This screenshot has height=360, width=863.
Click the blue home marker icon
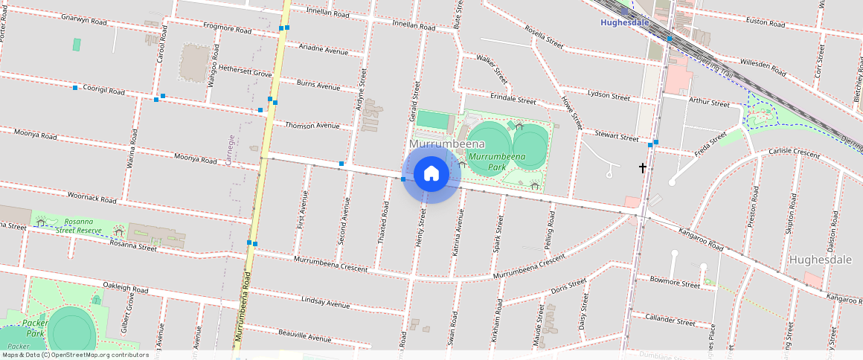point(431,174)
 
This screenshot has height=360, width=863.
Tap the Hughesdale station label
point(624,22)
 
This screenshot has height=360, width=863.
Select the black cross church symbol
point(643,169)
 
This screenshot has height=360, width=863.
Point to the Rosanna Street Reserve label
point(83,225)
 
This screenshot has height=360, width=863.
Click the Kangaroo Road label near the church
point(701,236)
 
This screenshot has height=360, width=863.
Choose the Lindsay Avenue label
point(325,303)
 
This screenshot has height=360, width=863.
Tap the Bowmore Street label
point(675,283)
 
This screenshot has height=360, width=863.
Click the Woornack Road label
point(92,199)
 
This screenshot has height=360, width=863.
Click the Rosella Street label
point(544,36)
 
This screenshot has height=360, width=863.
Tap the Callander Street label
point(670,320)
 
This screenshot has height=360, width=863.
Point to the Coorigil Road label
point(103,89)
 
